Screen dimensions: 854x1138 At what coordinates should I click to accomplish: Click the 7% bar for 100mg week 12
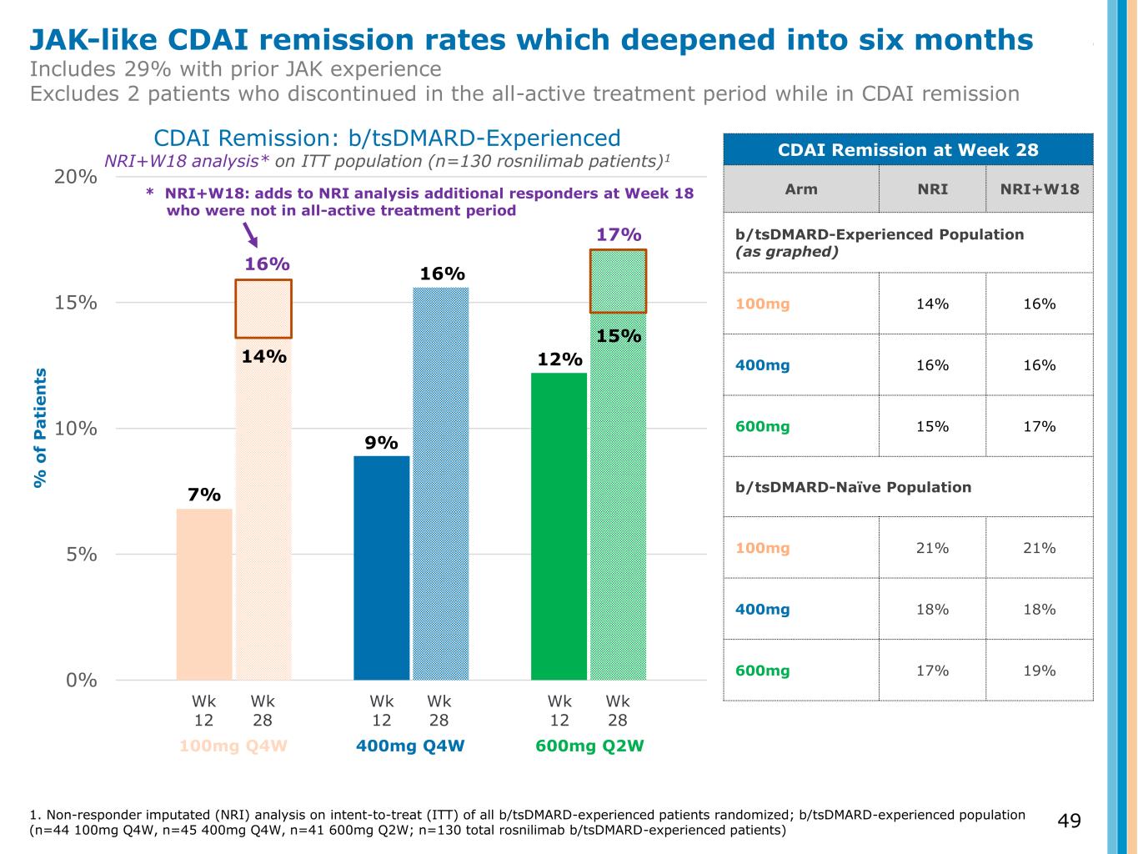204,594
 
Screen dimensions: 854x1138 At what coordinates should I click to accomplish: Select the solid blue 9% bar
382,567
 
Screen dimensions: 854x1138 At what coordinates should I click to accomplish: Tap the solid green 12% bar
559,525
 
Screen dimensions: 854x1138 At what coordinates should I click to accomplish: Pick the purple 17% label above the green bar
619,234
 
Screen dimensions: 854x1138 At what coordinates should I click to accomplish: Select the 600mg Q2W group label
589,746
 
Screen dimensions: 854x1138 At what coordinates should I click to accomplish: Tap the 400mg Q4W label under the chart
410,746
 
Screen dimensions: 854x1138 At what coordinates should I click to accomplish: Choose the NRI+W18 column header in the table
1039,188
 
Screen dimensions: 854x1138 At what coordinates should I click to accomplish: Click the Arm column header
801,188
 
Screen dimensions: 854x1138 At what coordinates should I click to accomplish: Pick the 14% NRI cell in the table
932,304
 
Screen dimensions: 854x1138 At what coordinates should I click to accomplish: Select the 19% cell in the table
1039,671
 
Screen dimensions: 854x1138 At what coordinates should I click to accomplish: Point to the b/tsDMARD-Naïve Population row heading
854,487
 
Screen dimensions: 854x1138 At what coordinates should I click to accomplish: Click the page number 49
1070,821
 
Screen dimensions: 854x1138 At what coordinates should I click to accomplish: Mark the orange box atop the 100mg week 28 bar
263,309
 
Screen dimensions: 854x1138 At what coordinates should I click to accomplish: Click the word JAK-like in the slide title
93,39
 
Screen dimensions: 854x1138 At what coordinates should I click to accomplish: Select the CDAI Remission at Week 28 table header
908,150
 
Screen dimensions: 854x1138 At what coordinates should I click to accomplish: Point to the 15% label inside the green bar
619,336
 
